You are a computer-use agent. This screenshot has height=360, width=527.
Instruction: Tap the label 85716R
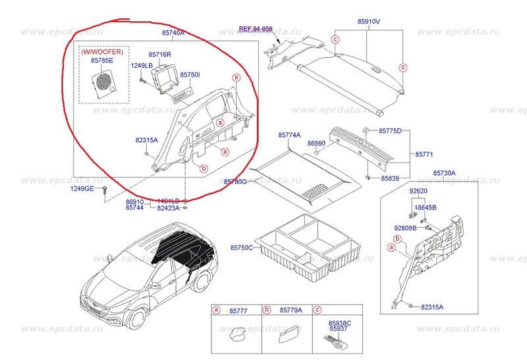[x=160, y=55]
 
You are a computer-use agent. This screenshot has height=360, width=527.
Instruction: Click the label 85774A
[x=289, y=135]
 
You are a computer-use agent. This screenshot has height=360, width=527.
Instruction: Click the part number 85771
[x=424, y=155]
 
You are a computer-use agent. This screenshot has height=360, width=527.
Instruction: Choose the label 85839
[x=390, y=178]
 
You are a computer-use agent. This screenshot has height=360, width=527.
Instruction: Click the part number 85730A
[x=444, y=173]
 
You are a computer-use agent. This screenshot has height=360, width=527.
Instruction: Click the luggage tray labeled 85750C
[x=310, y=250]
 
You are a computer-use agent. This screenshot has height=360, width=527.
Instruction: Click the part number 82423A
[x=168, y=208]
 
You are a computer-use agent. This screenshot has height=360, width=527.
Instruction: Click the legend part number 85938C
[x=340, y=324]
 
